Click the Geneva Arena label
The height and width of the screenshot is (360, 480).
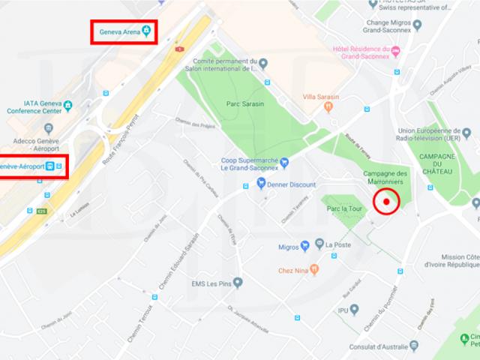coord(120,32)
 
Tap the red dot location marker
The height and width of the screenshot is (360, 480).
coord(387,201)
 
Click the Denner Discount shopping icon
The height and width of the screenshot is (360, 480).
coord(261,182)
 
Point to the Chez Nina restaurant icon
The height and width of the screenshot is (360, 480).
coord(313,270)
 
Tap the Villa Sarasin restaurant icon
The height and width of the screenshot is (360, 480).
coord(328,107)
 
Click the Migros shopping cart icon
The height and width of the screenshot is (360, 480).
coord(305,245)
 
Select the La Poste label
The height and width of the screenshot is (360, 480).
coord(337,244)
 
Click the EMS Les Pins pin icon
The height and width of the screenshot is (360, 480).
coord(238,283)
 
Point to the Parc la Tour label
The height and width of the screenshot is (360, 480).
coord(345,208)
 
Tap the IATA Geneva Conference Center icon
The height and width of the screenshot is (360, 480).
coord(68,104)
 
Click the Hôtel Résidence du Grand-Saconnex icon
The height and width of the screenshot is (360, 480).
coord(395,50)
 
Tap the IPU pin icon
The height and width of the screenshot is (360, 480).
coord(355,309)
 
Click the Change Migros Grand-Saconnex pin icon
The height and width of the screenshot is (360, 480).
coord(418,25)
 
